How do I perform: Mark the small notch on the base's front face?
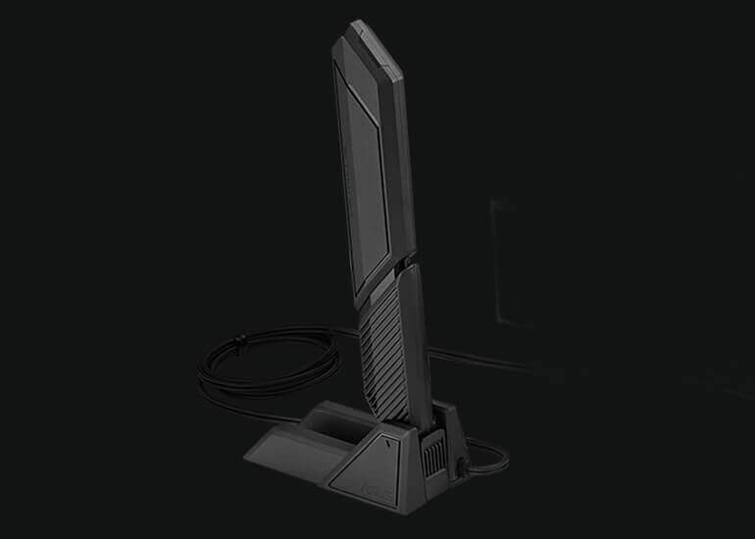(389, 442)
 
